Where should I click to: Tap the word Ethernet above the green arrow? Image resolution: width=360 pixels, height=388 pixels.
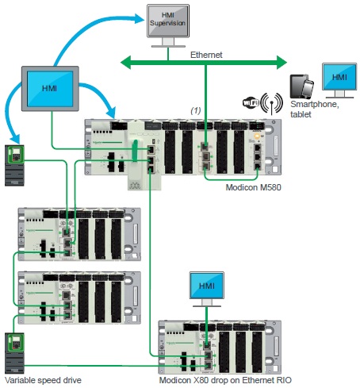pyautogui.click(x=205, y=55)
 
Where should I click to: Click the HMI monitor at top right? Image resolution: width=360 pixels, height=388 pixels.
pyautogui.click(x=339, y=77)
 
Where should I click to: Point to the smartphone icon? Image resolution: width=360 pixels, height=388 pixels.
pyautogui.click(x=298, y=86)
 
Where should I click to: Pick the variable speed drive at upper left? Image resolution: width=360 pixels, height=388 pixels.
pyautogui.click(x=15, y=165)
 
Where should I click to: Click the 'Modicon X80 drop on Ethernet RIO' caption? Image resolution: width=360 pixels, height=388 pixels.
pyautogui.click(x=219, y=382)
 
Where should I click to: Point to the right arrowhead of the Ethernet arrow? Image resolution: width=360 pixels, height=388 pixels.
pyautogui.click(x=281, y=60)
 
